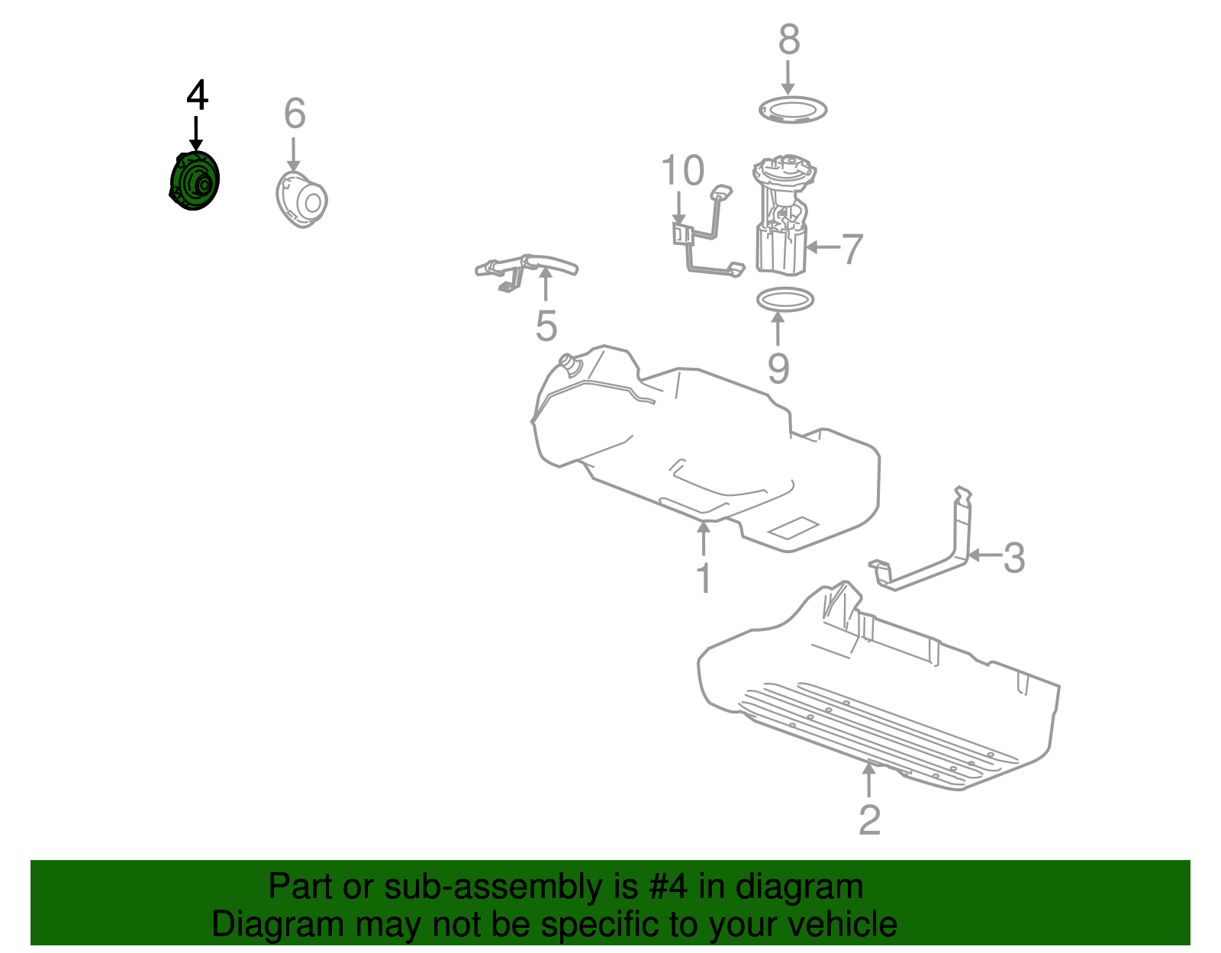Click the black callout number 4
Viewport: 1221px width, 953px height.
197,95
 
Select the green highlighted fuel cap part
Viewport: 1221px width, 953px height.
195,180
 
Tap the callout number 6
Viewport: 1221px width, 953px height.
295,113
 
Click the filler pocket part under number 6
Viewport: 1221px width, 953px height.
301,200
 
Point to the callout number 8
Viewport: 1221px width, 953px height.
789,40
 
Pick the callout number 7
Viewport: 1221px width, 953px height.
852,249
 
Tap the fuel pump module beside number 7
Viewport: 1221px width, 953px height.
783,216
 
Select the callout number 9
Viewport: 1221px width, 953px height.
778,369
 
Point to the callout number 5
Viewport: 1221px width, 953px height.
546,325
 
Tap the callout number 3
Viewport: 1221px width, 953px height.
1014,559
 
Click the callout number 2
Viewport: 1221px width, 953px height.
869,820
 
